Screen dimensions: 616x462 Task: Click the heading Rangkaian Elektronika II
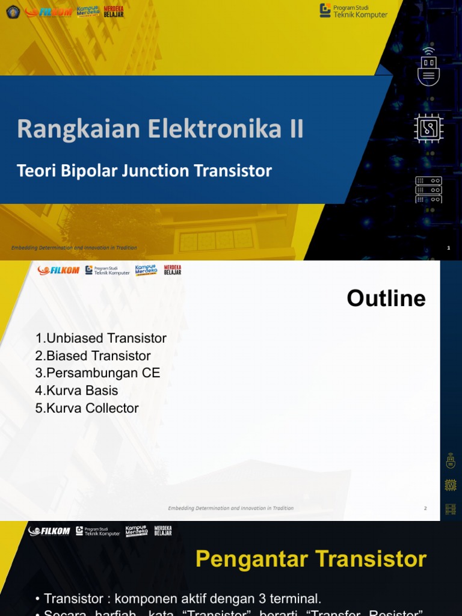tap(160, 129)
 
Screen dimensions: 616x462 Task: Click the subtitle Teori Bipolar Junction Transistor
tap(144, 171)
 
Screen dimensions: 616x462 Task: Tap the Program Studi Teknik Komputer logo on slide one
tap(354, 11)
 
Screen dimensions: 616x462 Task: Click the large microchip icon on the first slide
tap(428, 128)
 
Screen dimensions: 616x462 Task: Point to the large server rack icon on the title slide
tap(428, 189)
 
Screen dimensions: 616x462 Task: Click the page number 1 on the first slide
tap(449, 248)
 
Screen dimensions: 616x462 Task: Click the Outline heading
tap(386, 298)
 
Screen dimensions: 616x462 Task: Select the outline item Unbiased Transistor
tap(100, 338)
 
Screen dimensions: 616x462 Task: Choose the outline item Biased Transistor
tap(93, 356)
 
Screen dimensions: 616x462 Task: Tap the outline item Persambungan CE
tap(97, 373)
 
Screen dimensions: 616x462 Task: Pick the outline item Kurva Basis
tap(76, 390)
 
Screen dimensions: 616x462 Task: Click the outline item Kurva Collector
tap(87, 408)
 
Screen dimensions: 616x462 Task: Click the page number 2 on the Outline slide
tap(425, 508)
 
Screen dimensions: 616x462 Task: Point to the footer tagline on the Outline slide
tap(230, 508)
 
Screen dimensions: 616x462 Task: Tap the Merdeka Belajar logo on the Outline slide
tap(172, 270)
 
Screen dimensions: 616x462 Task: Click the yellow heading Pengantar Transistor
tap(311, 559)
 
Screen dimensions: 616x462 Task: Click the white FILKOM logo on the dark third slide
tap(49, 531)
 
